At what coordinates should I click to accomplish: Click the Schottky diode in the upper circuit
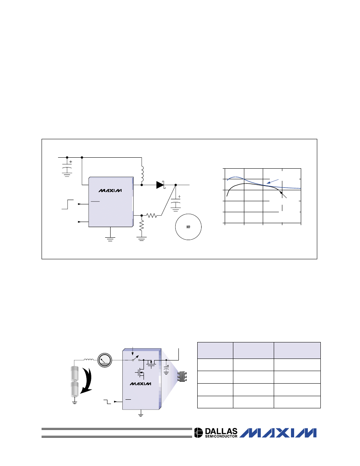tap(160, 185)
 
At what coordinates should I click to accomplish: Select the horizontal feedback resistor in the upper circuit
tap(151, 215)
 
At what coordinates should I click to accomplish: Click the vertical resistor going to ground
tap(142, 225)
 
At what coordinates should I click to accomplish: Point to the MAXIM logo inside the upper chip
tap(110, 191)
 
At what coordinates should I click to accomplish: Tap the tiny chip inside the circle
tap(188, 227)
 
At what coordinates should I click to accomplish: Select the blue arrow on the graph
tap(273, 181)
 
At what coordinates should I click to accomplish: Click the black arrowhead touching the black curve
tap(281, 193)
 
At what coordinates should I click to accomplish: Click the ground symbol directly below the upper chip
tap(111, 238)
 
